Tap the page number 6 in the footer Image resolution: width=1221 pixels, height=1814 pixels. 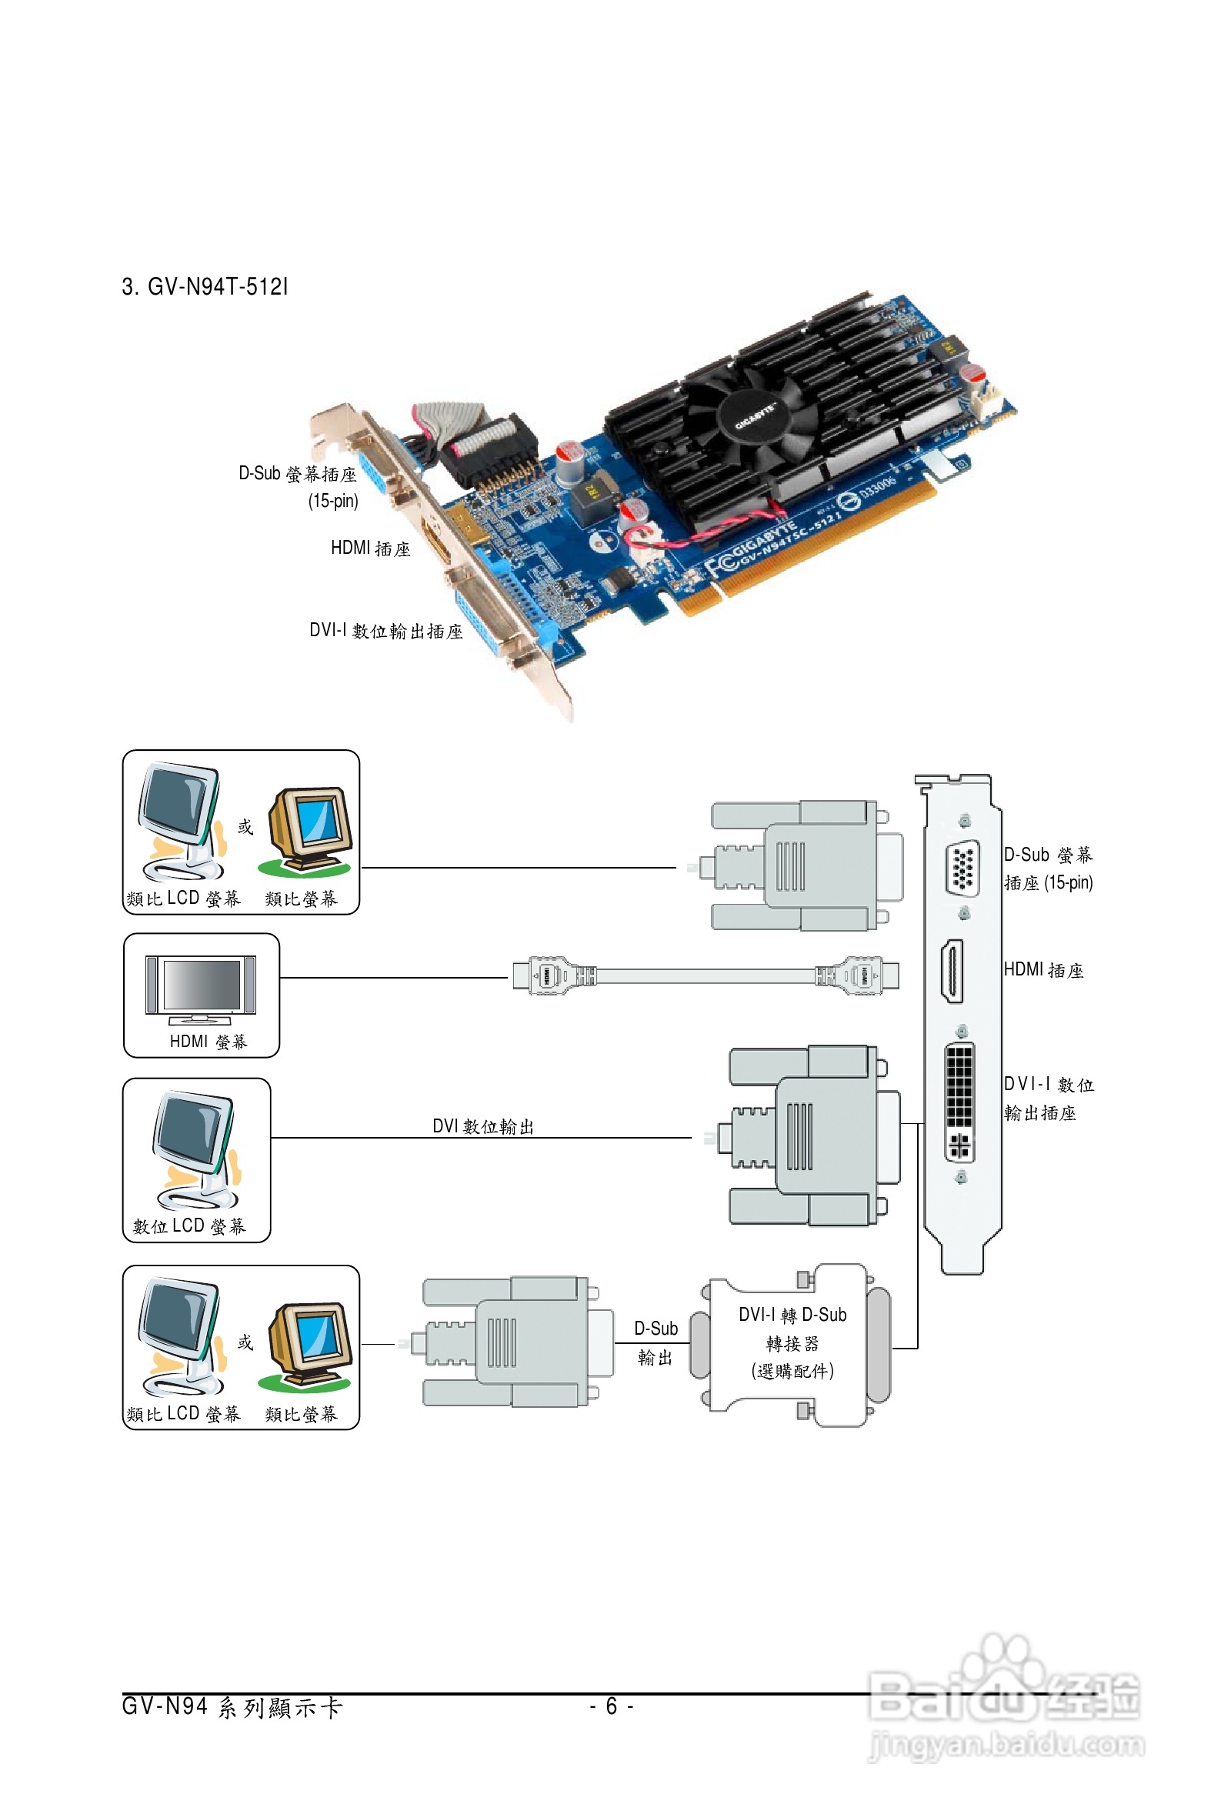point(612,1706)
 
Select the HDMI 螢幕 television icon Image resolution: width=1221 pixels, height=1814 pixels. point(200,988)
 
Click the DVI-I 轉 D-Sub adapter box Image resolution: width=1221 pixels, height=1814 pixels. point(792,1345)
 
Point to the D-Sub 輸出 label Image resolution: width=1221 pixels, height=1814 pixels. point(656,1343)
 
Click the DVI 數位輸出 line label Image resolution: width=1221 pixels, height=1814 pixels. point(483,1126)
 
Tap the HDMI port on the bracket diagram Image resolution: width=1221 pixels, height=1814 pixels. point(952,971)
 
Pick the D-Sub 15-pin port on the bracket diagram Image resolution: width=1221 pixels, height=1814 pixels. point(962,867)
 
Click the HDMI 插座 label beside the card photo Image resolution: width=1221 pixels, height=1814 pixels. point(370,549)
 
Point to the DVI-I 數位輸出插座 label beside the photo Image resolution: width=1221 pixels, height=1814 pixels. point(385,631)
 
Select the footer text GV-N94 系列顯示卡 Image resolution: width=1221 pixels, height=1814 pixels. point(232,1707)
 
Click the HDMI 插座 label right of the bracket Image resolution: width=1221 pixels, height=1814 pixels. point(1043,970)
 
